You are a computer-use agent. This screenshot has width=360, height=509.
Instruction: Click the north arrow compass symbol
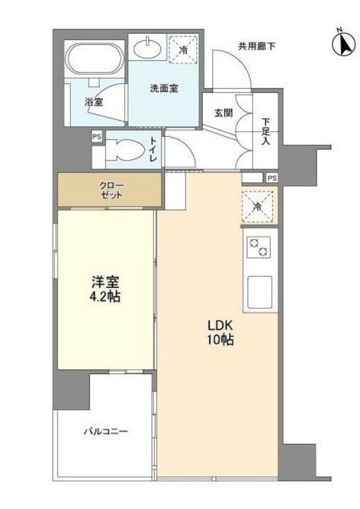tap(343, 44)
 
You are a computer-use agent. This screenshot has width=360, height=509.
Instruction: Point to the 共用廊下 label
tap(256, 47)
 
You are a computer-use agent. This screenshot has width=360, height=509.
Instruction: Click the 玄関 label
tap(223, 113)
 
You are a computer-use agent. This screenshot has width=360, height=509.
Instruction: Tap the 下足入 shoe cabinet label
tap(265, 132)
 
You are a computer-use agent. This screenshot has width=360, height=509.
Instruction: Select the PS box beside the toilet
tap(97, 137)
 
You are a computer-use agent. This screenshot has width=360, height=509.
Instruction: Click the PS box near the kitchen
tap(272, 178)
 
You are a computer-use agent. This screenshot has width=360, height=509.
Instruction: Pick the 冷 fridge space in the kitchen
tap(258, 207)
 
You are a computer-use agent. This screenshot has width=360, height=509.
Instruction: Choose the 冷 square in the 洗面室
tap(184, 50)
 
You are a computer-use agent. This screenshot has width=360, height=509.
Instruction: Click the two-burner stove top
tap(258, 247)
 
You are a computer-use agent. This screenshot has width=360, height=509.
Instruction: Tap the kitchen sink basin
tap(260, 292)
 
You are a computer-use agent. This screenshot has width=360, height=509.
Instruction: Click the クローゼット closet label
tap(111, 190)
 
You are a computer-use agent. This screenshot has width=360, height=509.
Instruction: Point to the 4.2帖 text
tap(105, 297)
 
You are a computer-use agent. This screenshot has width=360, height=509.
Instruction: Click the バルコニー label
tap(106, 432)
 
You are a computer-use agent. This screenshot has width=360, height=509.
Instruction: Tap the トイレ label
tap(153, 150)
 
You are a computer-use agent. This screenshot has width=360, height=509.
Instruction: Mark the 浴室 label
tap(94, 102)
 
